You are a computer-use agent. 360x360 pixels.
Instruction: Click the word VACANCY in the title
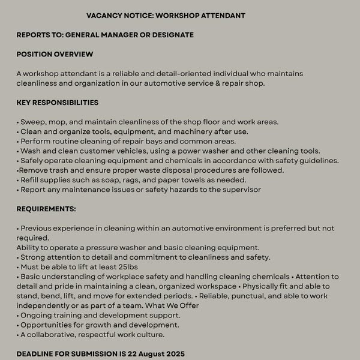(x=104, y=15)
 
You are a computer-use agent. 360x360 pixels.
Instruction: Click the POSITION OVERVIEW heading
(x=55, y=54)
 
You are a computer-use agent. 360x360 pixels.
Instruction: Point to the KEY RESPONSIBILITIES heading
(x=58, y=103)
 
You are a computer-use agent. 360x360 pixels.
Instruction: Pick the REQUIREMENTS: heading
(x=46, y=209)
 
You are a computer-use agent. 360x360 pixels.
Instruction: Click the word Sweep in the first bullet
(x=32, y=122)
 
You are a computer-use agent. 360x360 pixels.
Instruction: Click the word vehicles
(x=128, y=151)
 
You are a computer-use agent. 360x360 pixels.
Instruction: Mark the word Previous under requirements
(x=38, y=228)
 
